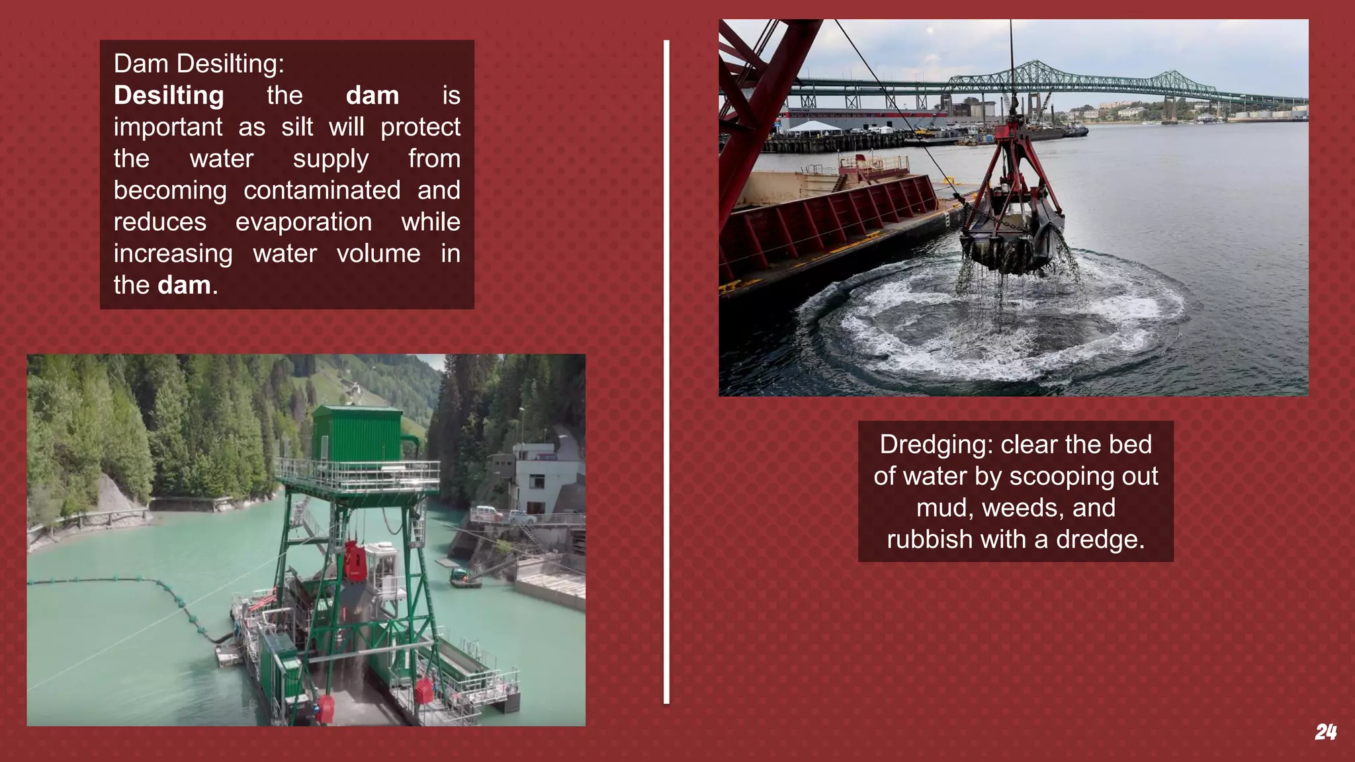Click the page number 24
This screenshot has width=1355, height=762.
(x=1325, y=732)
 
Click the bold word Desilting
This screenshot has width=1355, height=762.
(x=169, y=96)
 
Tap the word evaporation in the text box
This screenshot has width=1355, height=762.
(x=303, y=222)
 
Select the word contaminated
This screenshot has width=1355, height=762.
(x=322, y=190)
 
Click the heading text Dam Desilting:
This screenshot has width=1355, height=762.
(x=198, y=64)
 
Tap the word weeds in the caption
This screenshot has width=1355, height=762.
(x=1023, y=508)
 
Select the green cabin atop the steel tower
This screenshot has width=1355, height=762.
(x=357, y=433)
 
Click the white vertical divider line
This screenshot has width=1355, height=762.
(x=666, y=370)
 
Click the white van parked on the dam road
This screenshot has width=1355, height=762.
(x=486, y=513)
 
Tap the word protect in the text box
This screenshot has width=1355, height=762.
(x=420, y=127)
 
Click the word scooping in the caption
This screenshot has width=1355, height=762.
(x=1053, y=476)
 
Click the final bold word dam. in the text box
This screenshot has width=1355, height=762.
(x=187, y=286)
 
